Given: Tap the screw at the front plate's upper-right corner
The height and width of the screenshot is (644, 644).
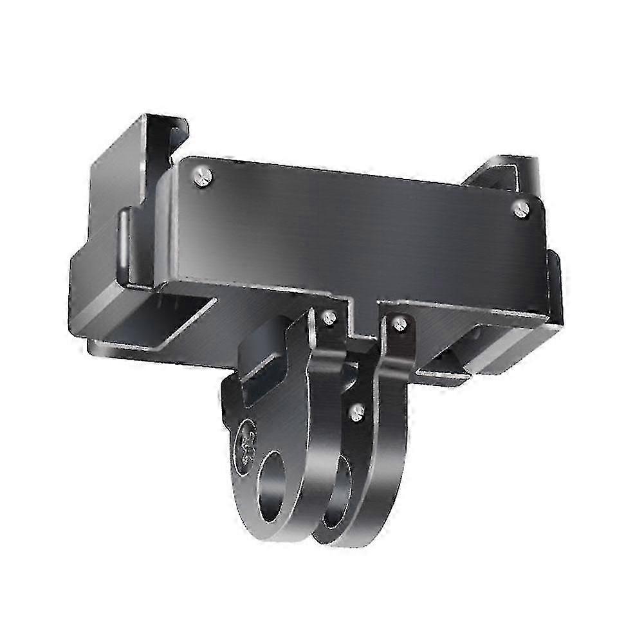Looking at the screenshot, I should click(x=521, y=207).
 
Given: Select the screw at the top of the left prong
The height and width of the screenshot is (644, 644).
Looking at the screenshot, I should click(x=330, y=317).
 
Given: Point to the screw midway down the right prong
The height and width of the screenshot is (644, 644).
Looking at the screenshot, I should click(x=358, y=412).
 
